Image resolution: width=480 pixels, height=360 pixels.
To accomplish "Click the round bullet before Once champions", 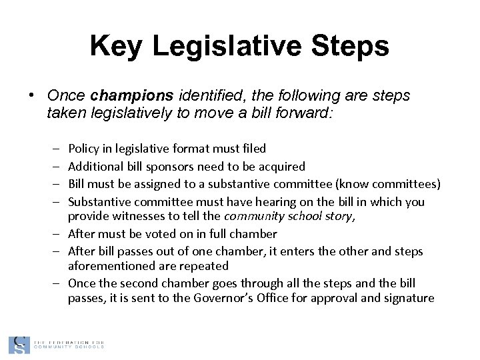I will click(x=32, y=96).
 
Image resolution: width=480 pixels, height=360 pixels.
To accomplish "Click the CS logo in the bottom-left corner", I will click(x=19, y=345).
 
